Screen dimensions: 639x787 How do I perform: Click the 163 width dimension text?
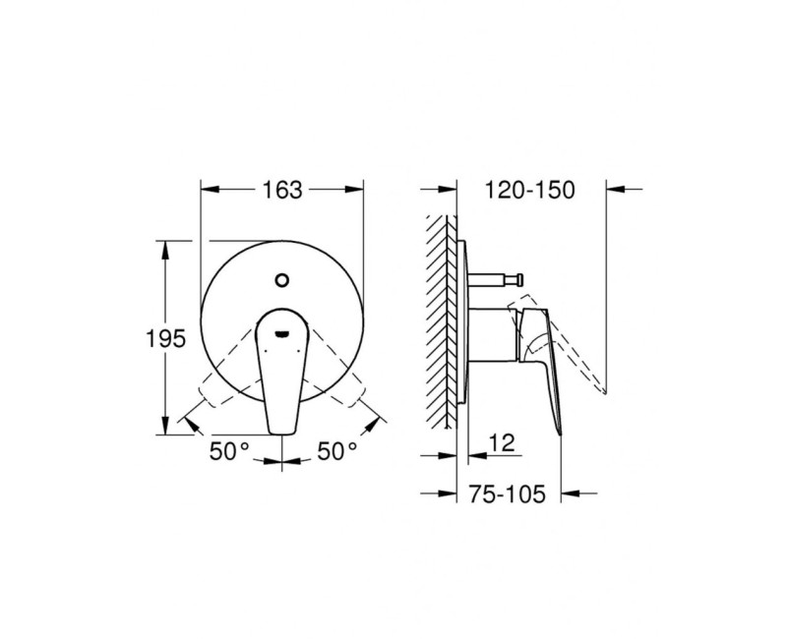click(x=282, y=190)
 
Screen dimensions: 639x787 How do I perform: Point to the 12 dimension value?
click(x=502, y=444)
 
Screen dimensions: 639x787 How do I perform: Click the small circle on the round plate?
click(x=283, y=279)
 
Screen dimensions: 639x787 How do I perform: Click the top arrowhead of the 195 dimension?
click(x=163, y=244)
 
